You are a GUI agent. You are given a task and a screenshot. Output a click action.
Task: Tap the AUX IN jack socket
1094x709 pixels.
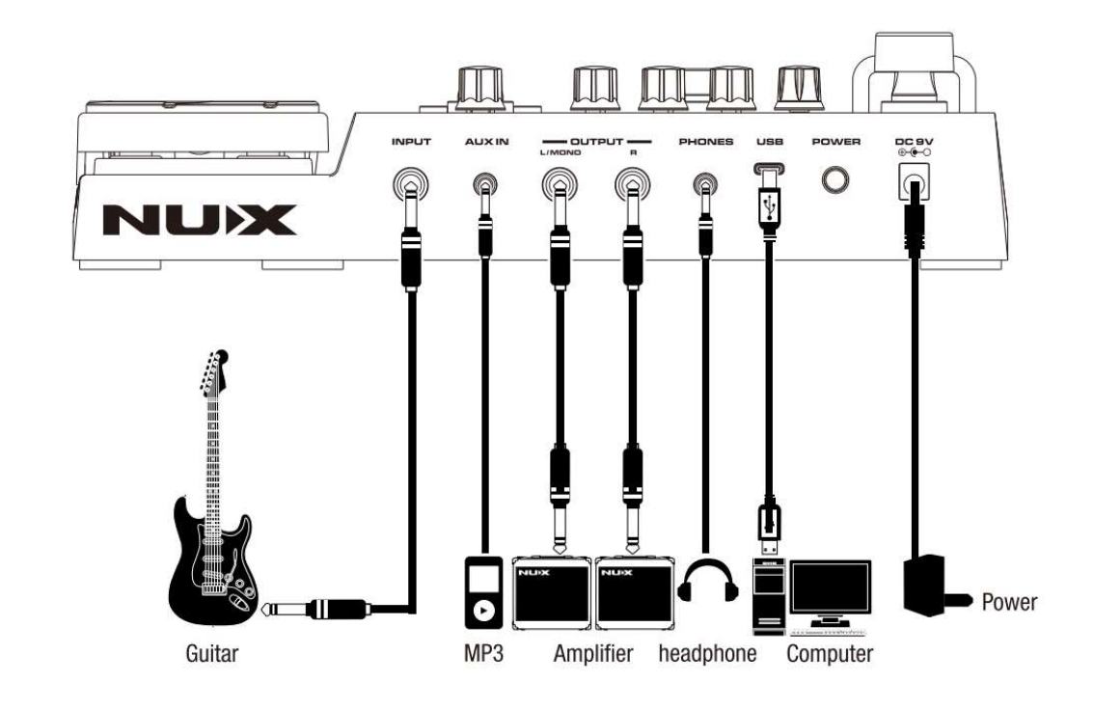484,182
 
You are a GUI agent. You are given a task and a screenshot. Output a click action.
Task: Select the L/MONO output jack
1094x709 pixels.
557,182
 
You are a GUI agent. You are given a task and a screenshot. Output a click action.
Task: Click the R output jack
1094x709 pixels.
631,182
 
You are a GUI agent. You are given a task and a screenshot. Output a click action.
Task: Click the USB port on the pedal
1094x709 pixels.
769,174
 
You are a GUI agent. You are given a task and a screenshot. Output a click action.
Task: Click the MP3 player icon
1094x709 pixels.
484,591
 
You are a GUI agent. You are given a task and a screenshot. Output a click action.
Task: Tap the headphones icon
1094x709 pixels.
707,583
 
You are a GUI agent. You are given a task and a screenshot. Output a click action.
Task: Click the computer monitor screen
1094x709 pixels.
830,589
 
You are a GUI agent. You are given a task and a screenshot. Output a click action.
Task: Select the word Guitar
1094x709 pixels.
211,654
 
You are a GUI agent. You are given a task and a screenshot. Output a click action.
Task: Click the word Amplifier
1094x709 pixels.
593,654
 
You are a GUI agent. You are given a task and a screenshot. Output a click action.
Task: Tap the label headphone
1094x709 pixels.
707,654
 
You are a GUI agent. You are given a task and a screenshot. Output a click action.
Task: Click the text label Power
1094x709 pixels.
1009,603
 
